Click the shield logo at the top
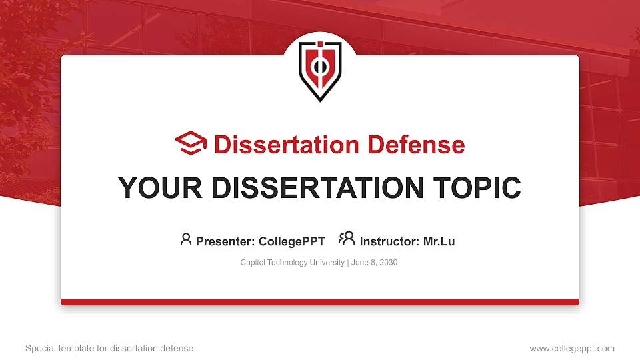coord(320,70)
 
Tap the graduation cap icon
coord(191,144)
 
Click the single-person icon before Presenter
coord(186,239)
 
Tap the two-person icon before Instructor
coord(347,239)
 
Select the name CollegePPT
coord(292,241)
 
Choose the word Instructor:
coord(390,241)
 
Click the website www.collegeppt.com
coord(571,348)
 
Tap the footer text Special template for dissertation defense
coord(109,348)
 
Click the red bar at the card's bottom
coord(320,302)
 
